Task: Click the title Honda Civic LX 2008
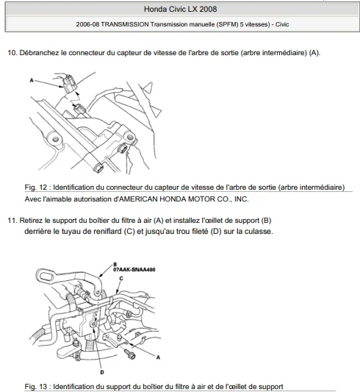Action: pos(180,10)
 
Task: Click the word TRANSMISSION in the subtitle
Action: pos(125,24)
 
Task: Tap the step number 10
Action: pos(12,53)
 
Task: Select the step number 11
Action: pos(12,221)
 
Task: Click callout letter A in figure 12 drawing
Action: pos(32,80)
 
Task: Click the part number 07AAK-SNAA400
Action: pos(134,270)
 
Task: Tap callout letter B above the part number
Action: pos(115,265)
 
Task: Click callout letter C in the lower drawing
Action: pos(121,278)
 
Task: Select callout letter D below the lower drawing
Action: pos(102,372)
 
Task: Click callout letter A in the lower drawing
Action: pos(158,357)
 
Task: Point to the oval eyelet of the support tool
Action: pos(46,277)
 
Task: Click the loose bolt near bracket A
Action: pos(130,354)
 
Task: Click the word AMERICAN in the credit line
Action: pos(138,199)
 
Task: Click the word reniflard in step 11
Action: pos(107,232)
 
